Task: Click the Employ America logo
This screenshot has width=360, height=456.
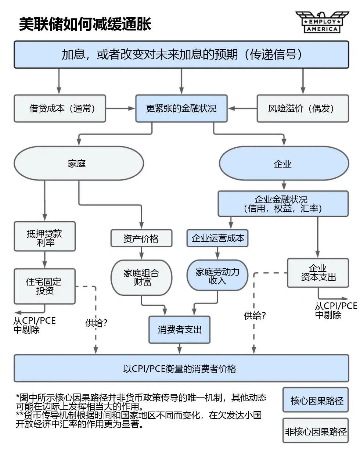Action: pos(322,22)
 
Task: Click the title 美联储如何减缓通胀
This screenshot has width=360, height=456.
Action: pos(85,24)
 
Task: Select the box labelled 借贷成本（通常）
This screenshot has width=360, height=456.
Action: pos(60,108)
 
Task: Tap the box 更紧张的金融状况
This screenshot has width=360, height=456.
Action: pos(181,108)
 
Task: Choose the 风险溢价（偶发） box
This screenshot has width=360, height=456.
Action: pos(302,108)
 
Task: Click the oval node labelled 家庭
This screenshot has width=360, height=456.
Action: pos(78,164)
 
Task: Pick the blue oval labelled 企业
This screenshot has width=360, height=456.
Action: pos(284,164)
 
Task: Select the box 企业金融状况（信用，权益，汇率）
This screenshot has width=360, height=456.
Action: pos(283,204)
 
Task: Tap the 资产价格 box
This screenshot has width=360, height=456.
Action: pos(141,238)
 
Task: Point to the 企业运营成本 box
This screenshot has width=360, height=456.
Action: pos(218,238)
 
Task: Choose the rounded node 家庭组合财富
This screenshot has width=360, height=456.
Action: pos(141,277)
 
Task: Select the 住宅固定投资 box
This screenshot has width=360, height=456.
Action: pos(44,286)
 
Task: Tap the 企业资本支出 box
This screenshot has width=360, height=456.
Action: pos(318,273)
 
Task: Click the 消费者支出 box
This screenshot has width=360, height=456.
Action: pos(179,330)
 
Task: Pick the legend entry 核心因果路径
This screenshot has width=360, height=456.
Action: pos(316,400)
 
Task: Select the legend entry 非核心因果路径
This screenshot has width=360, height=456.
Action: pos(316,431)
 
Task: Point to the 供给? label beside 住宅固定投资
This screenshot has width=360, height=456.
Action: pos(96,323)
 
